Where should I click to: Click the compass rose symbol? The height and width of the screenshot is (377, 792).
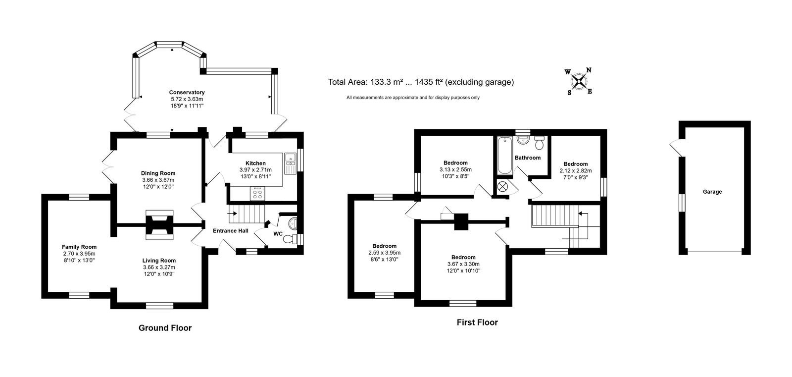tap(579, 82)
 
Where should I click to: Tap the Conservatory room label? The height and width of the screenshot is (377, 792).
tap(187, 92)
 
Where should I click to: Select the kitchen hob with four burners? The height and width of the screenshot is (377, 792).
tap(257, 194)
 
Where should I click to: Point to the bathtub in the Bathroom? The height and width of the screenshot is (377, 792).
tap(504, 156)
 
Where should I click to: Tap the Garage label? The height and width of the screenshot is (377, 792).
tap(712, 192)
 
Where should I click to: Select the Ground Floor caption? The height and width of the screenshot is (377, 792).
tap(165, 328)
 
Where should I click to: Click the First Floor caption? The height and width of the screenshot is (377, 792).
tap(477, 323)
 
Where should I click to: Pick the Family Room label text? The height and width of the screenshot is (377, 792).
tap(79, 247)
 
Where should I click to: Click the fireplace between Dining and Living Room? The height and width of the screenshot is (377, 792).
tap(159, 225)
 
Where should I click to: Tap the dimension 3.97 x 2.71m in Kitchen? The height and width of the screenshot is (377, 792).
tap(255, 170)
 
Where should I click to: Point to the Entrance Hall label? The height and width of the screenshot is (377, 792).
tap(231, 231)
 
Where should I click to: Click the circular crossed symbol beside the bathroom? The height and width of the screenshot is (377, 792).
tap(502, 187)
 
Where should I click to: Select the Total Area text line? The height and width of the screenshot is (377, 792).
tap(421, 82)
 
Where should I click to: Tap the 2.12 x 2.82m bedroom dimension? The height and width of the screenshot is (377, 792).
tap(576, 170)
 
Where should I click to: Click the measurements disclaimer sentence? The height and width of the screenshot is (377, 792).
tap(413, 98)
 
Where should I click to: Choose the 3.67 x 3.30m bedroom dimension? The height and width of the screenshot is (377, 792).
tap(463, 264)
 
